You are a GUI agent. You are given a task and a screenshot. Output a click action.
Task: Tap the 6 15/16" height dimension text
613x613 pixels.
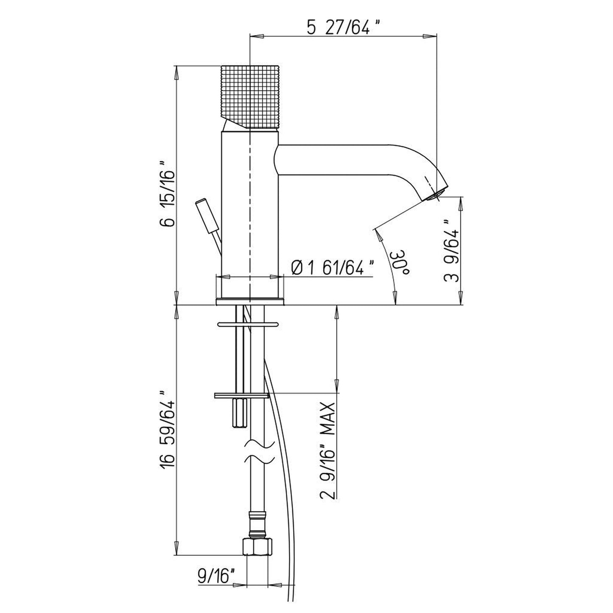168,194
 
